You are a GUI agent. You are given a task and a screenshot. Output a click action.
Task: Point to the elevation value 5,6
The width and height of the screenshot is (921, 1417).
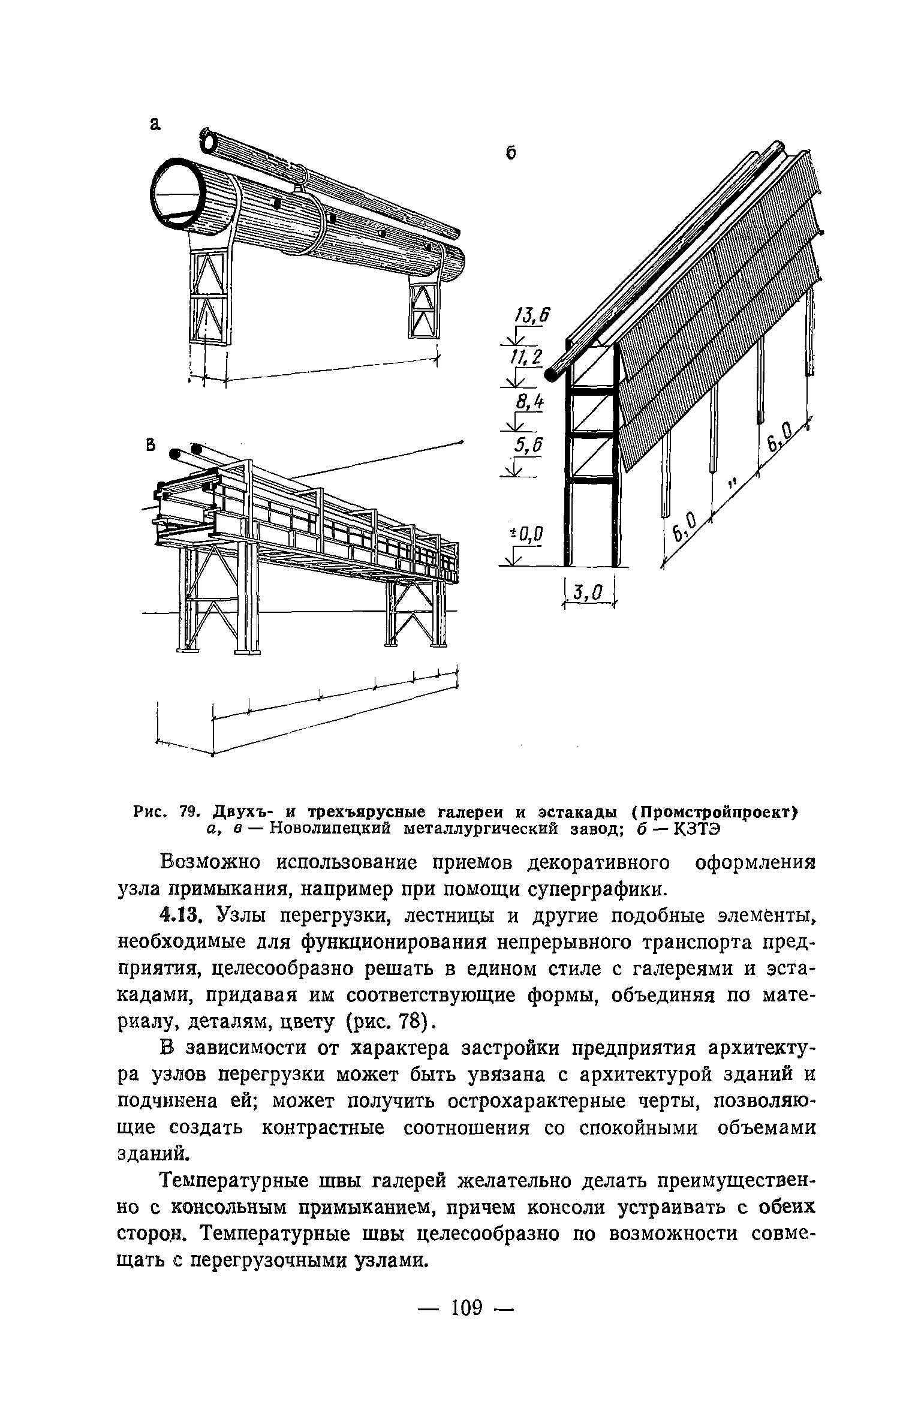click(x=528, y=444)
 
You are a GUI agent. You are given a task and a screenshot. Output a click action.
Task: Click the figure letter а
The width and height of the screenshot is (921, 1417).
click(x=156, y=124)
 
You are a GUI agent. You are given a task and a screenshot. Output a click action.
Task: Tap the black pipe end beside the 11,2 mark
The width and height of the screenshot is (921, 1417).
click(x=551, y=375)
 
